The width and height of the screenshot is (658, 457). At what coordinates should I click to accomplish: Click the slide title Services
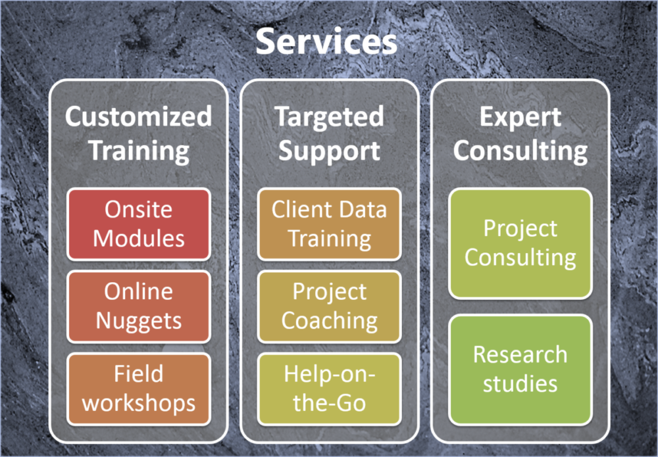coord(326,41)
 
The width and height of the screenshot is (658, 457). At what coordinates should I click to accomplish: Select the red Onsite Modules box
coord(138,224)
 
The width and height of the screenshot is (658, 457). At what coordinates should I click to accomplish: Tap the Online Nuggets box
coord(138,306)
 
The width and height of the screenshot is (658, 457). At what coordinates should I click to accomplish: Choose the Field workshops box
coord(138,389)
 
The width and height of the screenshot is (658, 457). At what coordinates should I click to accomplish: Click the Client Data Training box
coord(330,224)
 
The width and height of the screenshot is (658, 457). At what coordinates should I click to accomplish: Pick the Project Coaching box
coord(330,306)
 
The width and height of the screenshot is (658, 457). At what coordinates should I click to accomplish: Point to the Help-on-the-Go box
coord(330,389)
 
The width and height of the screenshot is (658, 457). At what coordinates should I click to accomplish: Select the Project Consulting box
coord(520,243)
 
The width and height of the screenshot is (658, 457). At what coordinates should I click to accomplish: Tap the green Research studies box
coord(520,370)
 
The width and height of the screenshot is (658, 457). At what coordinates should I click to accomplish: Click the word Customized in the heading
coord(138,116)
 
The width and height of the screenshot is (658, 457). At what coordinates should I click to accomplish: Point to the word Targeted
coord(330,117)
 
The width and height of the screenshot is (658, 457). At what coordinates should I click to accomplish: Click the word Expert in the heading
coord(520,117)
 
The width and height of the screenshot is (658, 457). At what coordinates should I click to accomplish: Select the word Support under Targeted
coord(330,151)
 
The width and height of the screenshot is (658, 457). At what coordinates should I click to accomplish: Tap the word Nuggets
coord(138,322)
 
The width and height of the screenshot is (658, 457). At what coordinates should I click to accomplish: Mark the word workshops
coord(138,402)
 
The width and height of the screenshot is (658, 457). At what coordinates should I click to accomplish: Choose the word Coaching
coord(330,321)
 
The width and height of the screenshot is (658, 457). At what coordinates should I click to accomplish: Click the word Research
coord(520,354)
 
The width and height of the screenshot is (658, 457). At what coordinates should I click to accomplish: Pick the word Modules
coord(138,239)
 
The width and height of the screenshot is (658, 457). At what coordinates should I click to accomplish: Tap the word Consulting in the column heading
coord(520,151)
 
